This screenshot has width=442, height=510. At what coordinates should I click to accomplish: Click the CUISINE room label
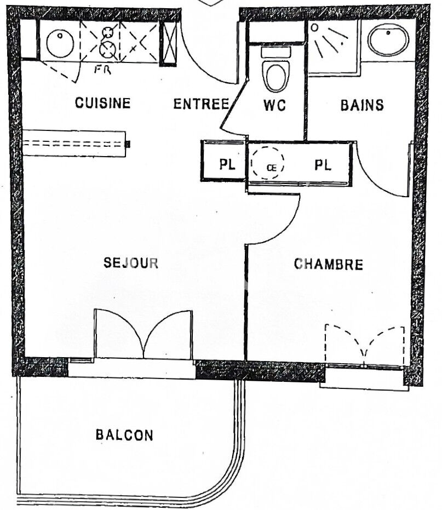(103, 103)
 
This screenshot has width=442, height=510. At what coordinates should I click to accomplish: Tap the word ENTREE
(200, 104)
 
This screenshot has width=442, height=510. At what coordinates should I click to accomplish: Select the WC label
(274, 105)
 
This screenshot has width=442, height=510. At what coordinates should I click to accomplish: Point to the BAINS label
(362, 105)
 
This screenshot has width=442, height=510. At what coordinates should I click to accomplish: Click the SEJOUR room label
(131, 263)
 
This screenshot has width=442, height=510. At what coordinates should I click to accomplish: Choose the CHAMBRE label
(329, 265)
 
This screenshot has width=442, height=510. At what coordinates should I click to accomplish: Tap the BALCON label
(124, 435)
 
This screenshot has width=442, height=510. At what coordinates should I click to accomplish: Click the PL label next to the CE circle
(323, 165)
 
